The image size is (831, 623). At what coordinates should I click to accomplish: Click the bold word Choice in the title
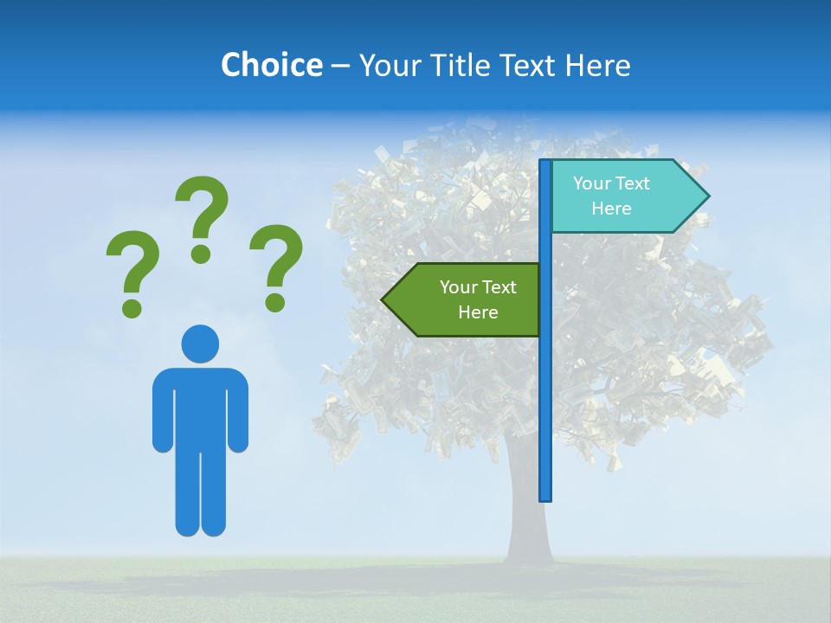click(x=271, y=65)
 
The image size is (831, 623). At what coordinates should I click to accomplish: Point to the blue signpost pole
click(x=545, y=389)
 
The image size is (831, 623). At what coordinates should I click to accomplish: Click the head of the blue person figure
click(x=200, y=344)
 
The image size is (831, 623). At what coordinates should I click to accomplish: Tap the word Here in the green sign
click(x=478, y=312)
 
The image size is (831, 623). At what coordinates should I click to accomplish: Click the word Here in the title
click(x=597, y=65)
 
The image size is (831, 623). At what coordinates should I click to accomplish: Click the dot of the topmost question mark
click(x=201, y=254)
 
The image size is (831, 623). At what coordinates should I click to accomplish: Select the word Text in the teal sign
click(x=634, y=183)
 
